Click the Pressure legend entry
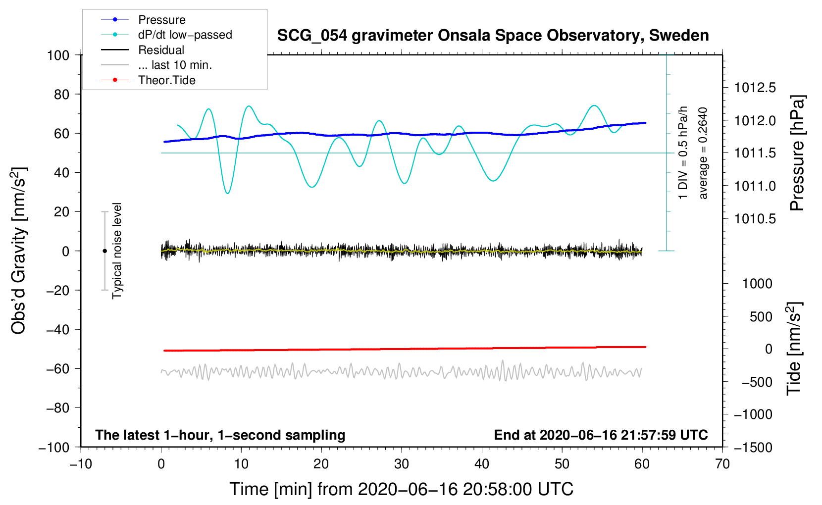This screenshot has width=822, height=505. [161, 20]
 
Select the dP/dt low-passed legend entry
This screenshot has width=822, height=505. [185, 35]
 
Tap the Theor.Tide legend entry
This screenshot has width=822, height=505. [166, 80]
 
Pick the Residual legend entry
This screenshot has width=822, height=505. [161, 50]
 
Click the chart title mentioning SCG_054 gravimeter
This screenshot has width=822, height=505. [493, 36]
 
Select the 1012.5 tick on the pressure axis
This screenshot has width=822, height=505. [755, 88]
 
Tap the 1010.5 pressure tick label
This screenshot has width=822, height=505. [755, 219]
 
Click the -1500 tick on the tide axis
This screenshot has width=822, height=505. [753, 448]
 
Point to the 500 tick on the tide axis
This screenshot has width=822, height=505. [761, 317]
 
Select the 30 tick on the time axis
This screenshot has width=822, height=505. [402, 464]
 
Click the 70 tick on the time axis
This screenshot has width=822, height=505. [722, 464]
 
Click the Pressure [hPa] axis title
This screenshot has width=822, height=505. [797, 153]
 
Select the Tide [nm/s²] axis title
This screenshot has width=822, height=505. [794, 349]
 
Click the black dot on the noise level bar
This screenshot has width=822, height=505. [105, 251]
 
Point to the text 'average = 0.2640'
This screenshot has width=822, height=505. [703, 153]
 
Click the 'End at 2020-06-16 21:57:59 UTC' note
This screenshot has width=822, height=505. [601, 435]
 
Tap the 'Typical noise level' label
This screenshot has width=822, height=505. [117, 251]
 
